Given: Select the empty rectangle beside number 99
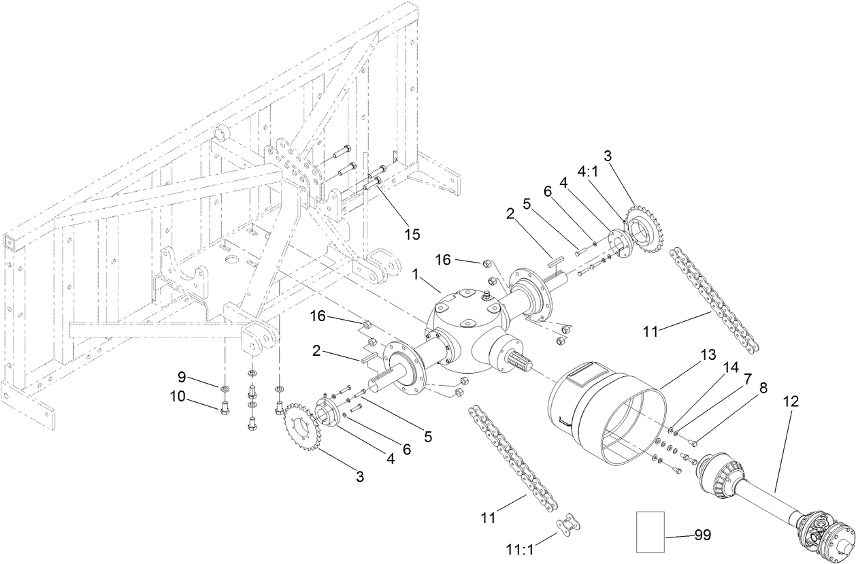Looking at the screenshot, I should [650, 532].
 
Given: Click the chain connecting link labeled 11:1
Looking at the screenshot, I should [566, 525].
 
